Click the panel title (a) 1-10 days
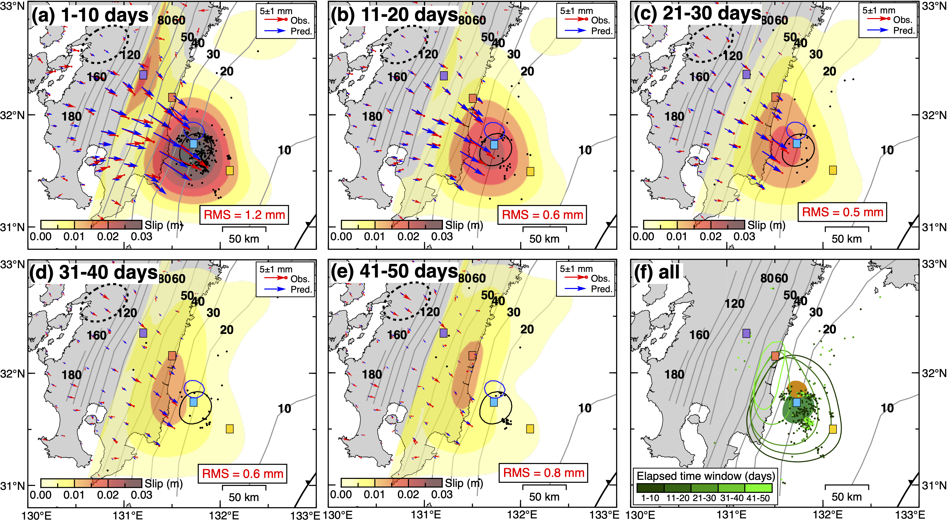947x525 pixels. click(90, 15)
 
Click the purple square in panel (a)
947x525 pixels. click(143, 75)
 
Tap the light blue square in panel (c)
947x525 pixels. click(796, 143)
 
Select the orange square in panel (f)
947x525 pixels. click(775, 356)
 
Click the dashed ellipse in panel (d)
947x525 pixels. click(105, 302)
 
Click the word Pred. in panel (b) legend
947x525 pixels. click(601, 31)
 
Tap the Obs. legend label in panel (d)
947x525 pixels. click(300, 279)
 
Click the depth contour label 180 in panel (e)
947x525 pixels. click(372, 374)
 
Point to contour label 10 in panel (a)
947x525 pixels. click(284, 150)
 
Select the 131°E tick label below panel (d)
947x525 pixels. click(127, 515)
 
